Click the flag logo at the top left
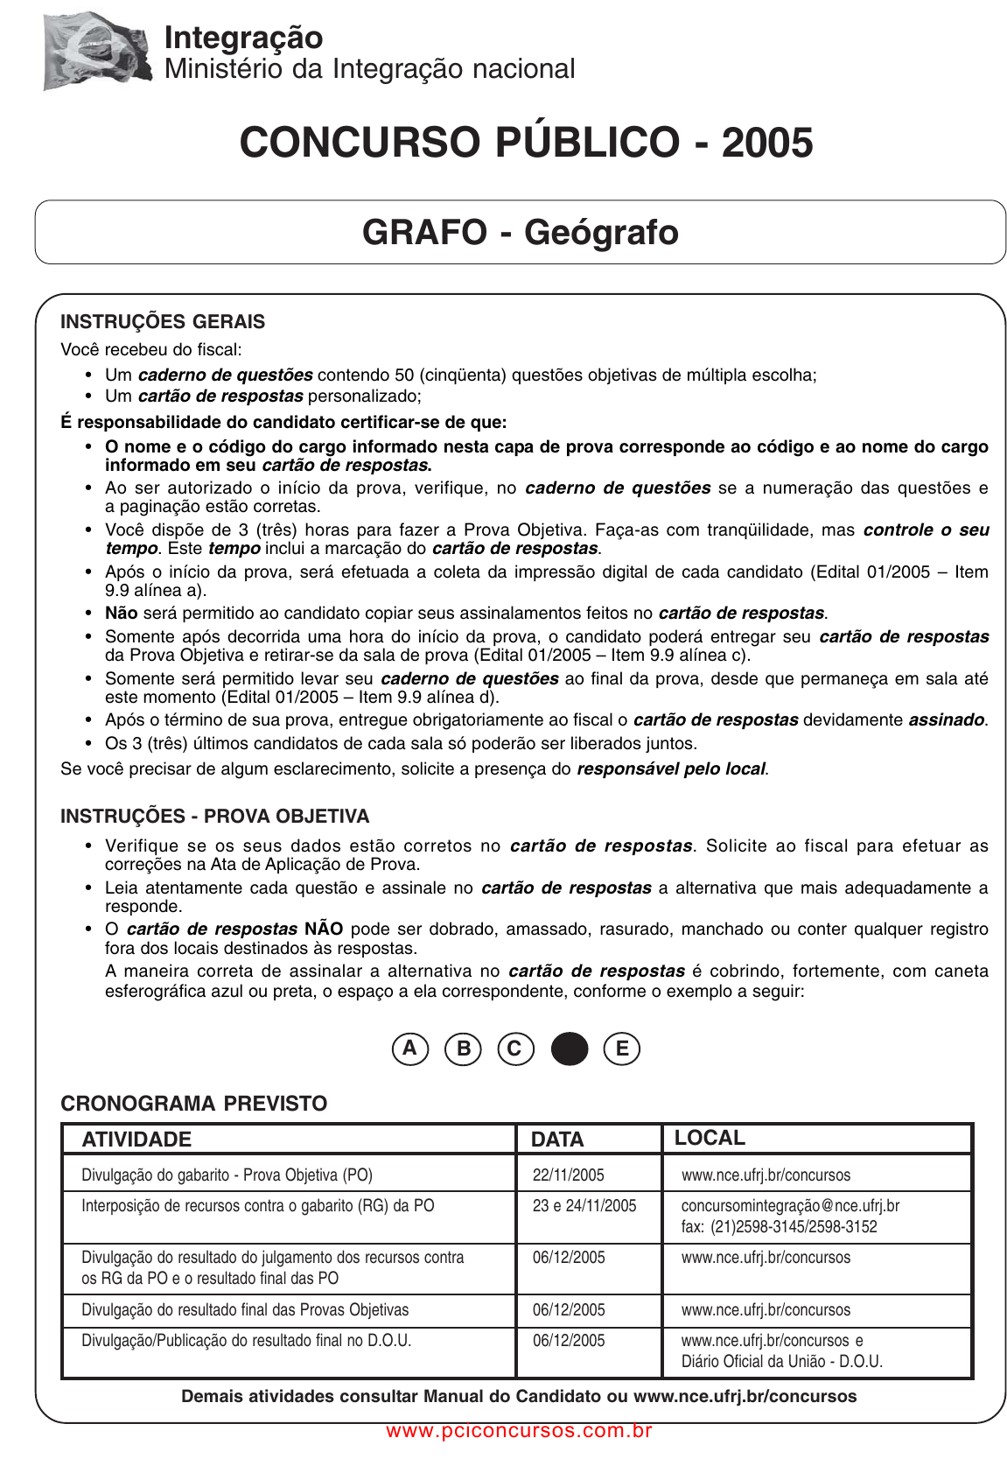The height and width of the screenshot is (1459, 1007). click(x=96, y=51)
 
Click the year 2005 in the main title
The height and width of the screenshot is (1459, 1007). click(x=766, y=143)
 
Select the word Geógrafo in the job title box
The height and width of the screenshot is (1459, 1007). click(x=601, y=233)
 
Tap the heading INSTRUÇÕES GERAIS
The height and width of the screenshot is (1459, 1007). click(x=163, y=321)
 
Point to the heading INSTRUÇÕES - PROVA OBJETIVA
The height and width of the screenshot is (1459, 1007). click(x=214, y=816)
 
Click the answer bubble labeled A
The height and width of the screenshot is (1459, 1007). click(x=410, y=1049)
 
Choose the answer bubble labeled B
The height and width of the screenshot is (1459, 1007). click(x=464, y=1049)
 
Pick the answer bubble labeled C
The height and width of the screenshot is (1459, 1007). click(x=515, y=1049)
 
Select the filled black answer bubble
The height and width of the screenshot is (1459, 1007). click(x=570, y=1049)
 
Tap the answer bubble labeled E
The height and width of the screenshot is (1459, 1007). click(x=622, y=1049)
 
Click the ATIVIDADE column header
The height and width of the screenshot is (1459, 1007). click(x=136, y=1140)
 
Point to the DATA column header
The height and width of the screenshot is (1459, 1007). click(x=557, y=1140)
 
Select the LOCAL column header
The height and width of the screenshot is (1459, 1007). click(x=710, y=1138)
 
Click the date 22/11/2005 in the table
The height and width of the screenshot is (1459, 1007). click(x=569, y=1175)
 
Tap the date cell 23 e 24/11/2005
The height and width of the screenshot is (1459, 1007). click(x=584, y=1206)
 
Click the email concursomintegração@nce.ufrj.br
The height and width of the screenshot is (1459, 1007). click(x=790, y=1206)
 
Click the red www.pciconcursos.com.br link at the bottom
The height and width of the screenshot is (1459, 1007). click(x=519, y=1431)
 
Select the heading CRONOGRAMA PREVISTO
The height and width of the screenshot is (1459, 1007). click(x=194, y=1104)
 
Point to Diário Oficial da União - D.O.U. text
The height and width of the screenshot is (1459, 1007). click(x=782, y=1362)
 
